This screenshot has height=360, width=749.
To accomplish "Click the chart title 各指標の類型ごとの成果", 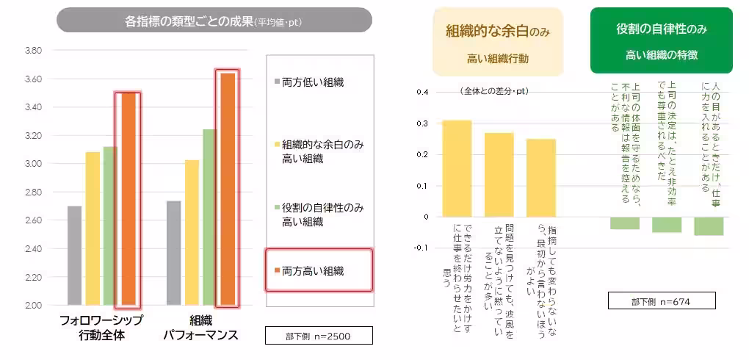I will point(214,21).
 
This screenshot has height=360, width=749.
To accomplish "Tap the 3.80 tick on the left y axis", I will point(32,51).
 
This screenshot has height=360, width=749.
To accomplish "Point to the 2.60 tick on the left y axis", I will point(32,220).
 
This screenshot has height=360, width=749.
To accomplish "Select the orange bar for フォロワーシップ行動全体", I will point(129,198).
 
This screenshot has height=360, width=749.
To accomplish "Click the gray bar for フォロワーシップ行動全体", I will point(75,255).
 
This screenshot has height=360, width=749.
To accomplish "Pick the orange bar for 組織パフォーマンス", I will point(227,189).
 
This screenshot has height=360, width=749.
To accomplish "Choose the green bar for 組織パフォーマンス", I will point(209,217).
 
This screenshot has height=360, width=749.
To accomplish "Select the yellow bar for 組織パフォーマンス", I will point(192,232).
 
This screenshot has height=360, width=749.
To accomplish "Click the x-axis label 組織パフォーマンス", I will point(200,328).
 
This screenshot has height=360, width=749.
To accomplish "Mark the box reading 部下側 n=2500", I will point(319,336).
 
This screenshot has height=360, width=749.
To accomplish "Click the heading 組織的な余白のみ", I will point(498,31).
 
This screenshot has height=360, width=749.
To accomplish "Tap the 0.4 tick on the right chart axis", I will point(421,93).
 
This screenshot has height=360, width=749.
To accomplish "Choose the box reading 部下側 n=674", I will point(651,300).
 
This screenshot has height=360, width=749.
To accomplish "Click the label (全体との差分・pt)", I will point(494,91).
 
